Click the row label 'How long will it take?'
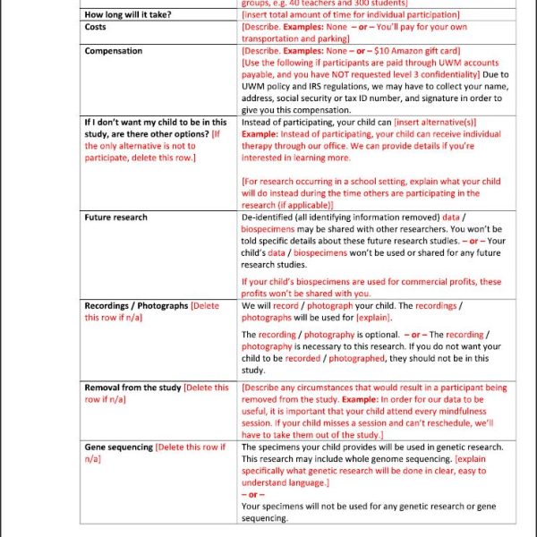click(128, 15)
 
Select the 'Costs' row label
click(97, 27)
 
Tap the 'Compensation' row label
click(113, 51)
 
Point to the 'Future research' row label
click(115, 217)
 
